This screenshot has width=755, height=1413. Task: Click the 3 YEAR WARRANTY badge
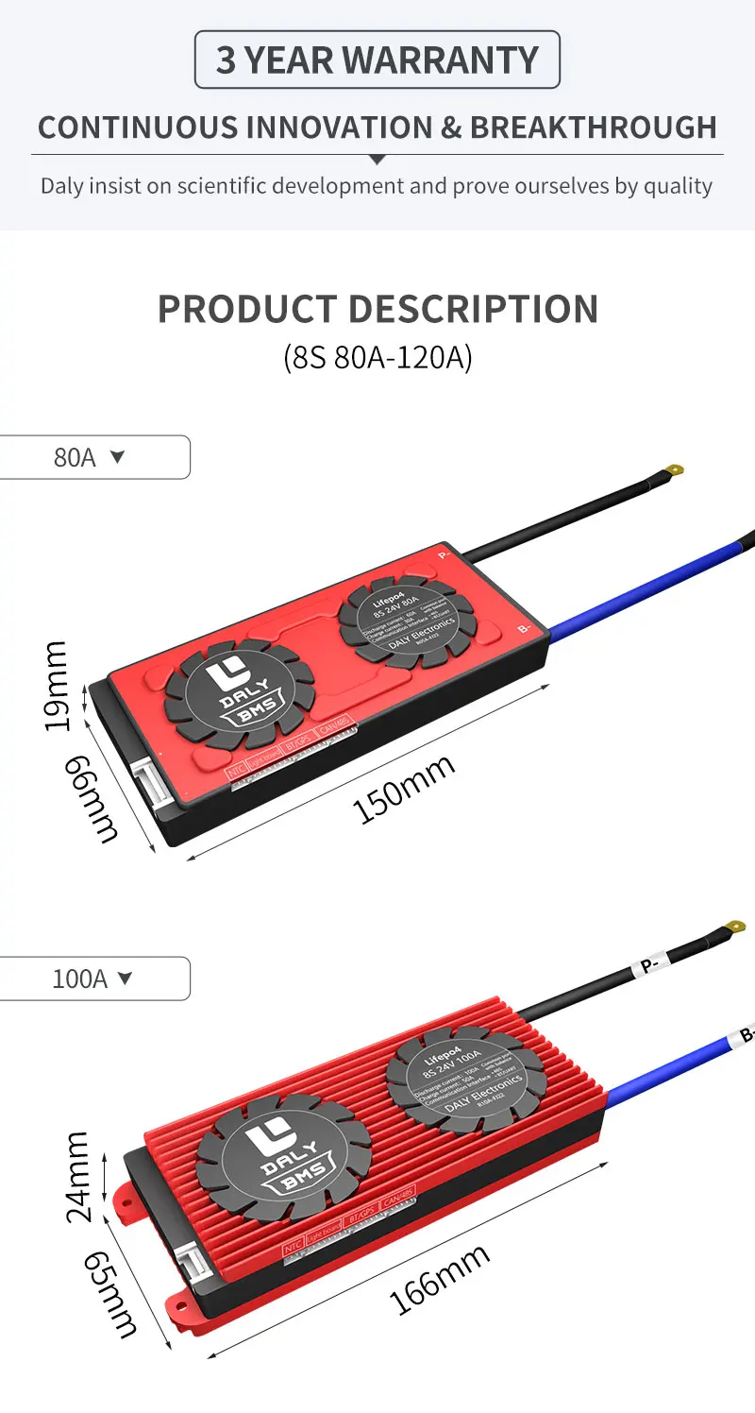[377, 60]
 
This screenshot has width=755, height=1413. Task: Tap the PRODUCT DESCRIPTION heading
[377, 309]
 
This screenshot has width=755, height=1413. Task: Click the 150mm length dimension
[404, 790]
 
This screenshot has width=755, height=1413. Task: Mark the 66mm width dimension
[92, 799]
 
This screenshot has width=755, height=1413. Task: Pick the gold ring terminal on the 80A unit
[674, 469]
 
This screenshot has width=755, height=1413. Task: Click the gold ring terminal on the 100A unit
[734, 927]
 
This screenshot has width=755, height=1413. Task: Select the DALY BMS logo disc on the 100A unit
[284, 1157]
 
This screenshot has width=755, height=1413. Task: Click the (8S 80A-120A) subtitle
[377, 358]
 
